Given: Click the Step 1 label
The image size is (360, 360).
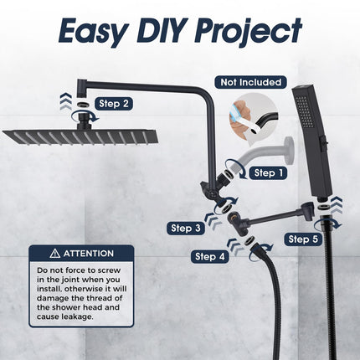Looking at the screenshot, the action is click(269, 173).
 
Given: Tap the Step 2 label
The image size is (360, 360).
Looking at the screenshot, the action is click(114, 104).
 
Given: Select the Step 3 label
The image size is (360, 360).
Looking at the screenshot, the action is click(186, 228).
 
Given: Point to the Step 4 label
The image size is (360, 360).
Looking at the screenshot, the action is click(209, 256).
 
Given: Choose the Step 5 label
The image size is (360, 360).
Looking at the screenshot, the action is click(303, 239).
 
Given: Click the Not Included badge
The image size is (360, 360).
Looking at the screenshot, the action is click(250, 82).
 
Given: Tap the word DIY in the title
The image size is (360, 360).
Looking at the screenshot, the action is click(162, 30).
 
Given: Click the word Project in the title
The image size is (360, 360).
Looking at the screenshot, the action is click(249, 31).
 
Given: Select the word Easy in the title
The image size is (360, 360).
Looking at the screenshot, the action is click(94, 32).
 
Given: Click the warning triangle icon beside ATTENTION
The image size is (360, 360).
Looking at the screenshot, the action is click(55, 254).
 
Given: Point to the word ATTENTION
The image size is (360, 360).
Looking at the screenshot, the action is click(89, 254).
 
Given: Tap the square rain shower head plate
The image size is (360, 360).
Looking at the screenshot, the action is click(80, 136).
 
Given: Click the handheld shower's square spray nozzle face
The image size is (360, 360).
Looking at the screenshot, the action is click(303, 111).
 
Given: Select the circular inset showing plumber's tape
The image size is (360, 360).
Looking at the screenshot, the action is click(254, 116).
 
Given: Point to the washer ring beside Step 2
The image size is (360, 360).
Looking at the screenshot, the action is click(82, 106).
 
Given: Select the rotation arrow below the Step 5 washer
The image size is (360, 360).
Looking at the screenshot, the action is click(329, 223).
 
